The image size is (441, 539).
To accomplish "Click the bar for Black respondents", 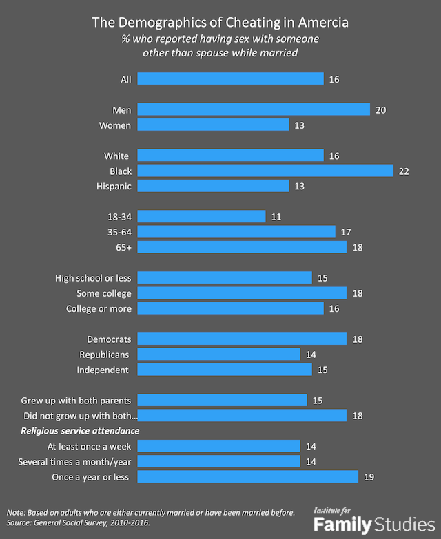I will (x=265, y=171).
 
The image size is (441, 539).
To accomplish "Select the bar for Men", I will (x=254, y=109).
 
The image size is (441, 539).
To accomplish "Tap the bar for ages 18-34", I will (x=201, y=216).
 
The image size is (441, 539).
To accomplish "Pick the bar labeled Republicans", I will (x=219, y=354).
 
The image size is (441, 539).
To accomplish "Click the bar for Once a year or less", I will (x=248, y=476).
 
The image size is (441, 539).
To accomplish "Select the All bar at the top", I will (x=230, y=79).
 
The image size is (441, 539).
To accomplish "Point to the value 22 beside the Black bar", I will (x=404, y=171).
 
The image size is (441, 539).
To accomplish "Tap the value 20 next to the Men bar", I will (x=381, y=109).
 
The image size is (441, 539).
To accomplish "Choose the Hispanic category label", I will (x=114, y=186).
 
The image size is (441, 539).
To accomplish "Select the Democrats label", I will (x=109, y=339).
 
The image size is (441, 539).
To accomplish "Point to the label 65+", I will (x=121, y=247).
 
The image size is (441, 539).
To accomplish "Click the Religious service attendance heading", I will (x=80, y=431).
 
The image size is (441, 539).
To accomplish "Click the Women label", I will (x=116, y=125).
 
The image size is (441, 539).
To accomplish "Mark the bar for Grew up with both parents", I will (x=222, y=400).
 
